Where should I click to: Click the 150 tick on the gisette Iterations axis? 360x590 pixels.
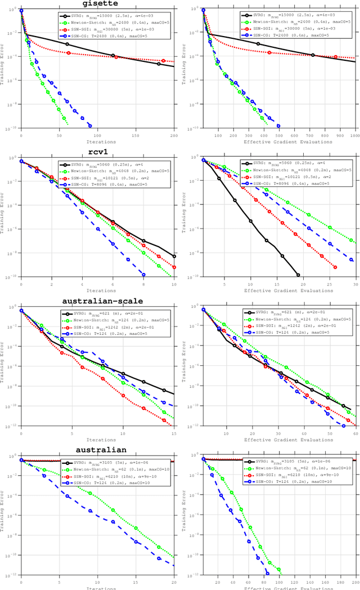click(x=136, y=137)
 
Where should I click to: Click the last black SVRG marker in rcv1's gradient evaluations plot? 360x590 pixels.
click(x=298, y=275)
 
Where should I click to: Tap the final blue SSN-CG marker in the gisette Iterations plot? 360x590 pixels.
click(x=89, y=126)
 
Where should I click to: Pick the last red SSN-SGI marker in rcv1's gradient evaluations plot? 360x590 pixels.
click(x=335, y=267)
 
